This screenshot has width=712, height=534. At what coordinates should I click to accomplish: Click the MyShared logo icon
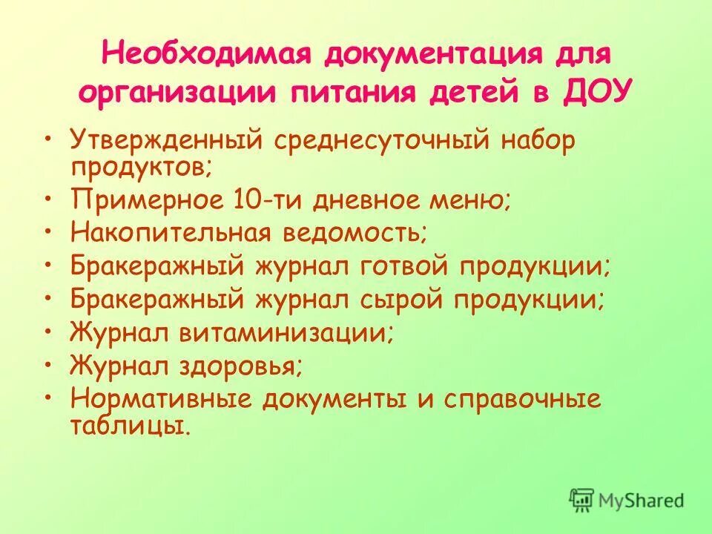[x=582, y=499]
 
